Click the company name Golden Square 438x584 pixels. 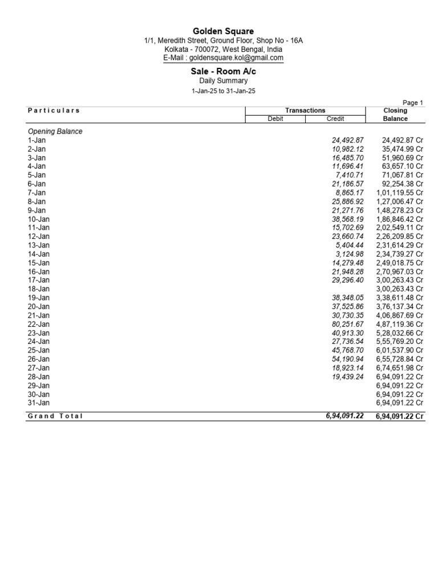coord(223,31)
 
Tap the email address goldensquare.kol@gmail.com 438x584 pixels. coord(223,58)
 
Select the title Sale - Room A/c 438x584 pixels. coord(223,71)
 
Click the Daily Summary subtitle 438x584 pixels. coord(223,81)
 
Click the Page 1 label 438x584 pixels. coord(413,103)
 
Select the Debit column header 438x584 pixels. coord(275,119)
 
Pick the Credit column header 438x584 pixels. coord(335,119)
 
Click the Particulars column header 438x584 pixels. coord(54,111)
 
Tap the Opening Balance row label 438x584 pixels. coord(55,131)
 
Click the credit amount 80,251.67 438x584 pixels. coord(347,324)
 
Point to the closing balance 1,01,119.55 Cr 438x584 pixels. coord(400,193)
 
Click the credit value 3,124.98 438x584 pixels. coord(350,254)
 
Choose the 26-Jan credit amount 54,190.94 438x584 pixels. coord(347,359)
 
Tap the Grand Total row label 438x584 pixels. coord(55,416)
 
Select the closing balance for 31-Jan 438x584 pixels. coord(400,403)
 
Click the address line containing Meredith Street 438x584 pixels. coord(223,40)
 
